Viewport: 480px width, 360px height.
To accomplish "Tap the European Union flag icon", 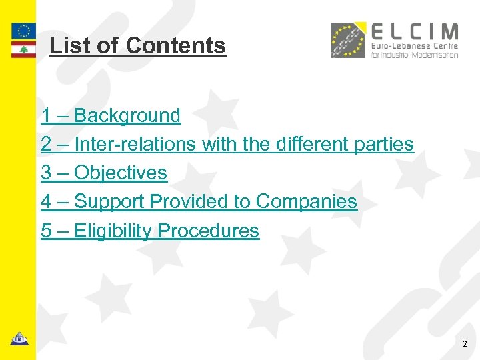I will tap(24, 31).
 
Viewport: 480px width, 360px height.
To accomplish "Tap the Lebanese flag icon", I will tap(24, 50).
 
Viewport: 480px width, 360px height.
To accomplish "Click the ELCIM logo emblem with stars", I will tap(348, 40).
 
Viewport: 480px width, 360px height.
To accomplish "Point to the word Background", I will tap(127, 115).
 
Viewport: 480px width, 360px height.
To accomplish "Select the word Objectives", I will tap(121, 173).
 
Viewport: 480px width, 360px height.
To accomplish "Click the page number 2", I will tap(465, 345).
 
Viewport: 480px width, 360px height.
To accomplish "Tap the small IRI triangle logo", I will tap(19, 339).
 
